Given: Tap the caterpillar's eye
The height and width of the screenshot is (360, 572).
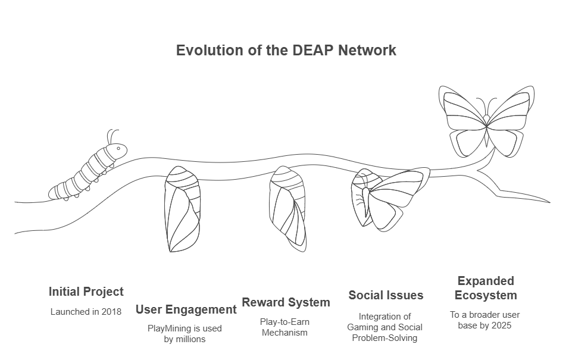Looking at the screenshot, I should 118,148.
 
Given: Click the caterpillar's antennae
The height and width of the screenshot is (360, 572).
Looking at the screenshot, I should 112,135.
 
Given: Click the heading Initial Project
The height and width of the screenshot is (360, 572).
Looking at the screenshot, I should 86,292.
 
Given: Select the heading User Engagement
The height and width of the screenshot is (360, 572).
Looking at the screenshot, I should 186,309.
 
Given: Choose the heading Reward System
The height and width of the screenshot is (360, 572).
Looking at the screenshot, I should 286,302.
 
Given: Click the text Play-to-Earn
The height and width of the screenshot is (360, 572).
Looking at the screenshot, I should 285,322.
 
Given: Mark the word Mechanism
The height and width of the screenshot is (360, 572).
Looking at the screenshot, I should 285,332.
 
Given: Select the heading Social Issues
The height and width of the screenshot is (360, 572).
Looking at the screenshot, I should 386,295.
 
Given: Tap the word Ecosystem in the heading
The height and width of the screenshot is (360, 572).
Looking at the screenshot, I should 486,295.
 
